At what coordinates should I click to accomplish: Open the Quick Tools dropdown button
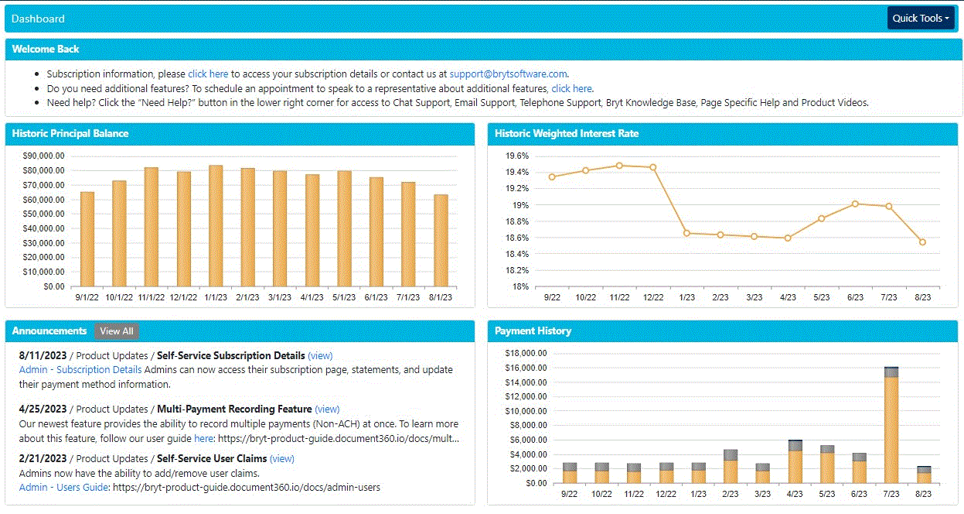(920, 18)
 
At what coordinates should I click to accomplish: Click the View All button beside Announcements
(117, 331)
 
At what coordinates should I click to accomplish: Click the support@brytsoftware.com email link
(509, 74)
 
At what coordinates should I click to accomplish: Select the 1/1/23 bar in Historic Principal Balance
(216, 226)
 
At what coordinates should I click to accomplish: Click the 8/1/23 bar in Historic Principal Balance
(441, 241)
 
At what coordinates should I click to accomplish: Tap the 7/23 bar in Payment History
(891, 426)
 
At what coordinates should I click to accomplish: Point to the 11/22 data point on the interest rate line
(619, 166)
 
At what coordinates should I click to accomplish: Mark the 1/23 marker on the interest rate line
(686, 233)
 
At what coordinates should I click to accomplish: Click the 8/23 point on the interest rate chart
(922, 242)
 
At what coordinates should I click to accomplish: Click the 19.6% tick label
(516, 156)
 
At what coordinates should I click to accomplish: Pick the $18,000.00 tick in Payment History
(525, 353)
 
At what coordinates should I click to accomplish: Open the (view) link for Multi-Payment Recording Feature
(327, 409)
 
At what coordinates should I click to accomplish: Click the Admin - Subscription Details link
(80, 370)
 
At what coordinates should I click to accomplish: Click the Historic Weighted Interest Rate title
(567, 134)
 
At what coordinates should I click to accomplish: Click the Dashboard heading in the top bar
(38, 19)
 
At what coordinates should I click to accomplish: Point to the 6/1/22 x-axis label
(376, 297)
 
